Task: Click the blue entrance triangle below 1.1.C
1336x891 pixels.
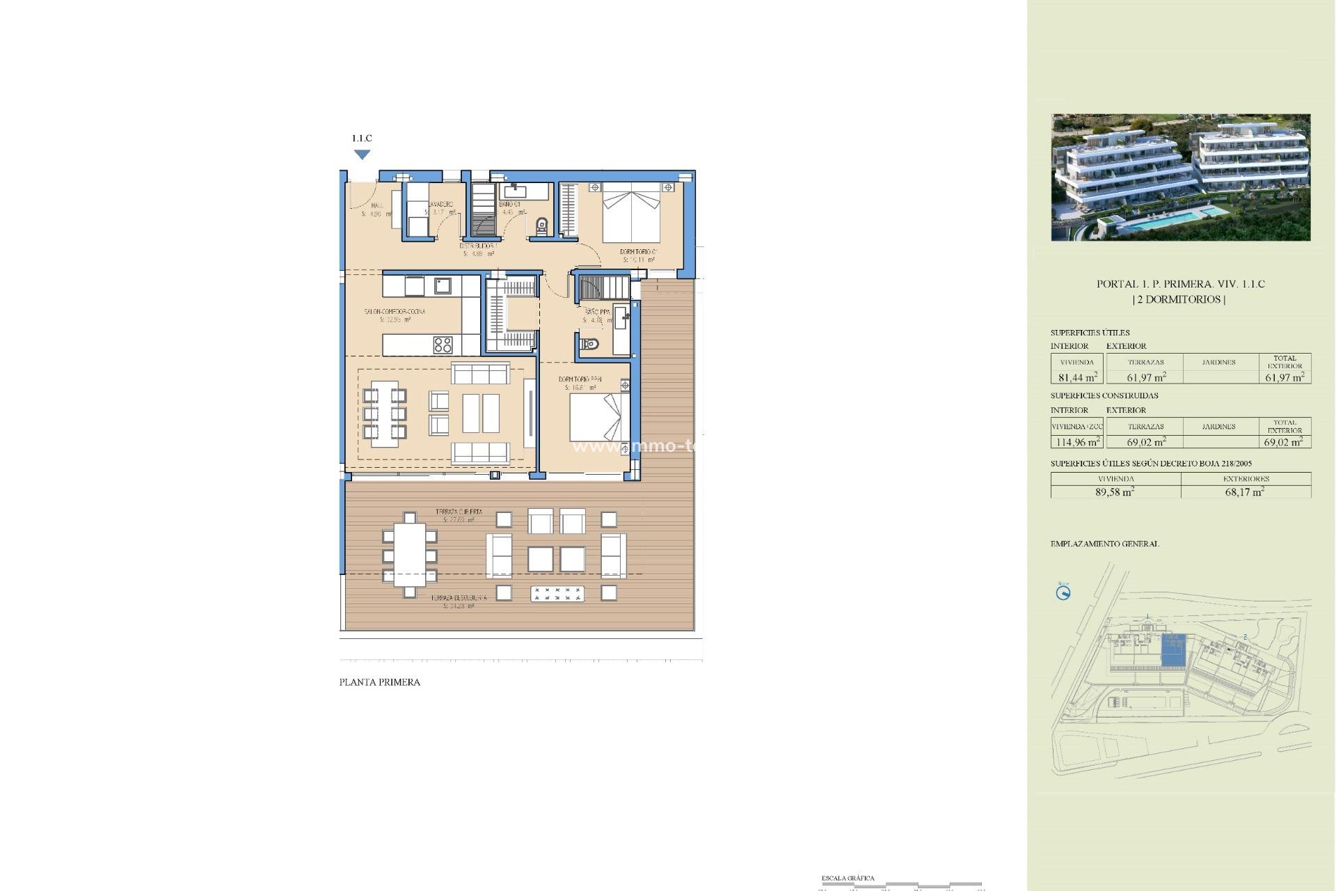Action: tap(362, 155)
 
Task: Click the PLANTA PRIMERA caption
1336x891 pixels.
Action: tap(379, 682)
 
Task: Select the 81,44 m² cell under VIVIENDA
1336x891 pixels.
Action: tap(1077, 377)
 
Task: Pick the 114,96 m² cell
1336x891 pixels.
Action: tap(1077, 442)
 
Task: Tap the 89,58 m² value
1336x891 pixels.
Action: tap(1115, 492)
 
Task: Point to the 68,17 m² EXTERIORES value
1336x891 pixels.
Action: tap(1245, 492)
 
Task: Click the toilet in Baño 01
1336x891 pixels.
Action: tap(541, 226)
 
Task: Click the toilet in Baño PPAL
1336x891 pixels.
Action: tap(589, 344)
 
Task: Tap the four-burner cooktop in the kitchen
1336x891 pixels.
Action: tap(443, 345)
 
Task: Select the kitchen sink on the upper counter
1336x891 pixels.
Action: tap(443, 285)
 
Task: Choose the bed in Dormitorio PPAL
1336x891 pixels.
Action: tap(595, 417)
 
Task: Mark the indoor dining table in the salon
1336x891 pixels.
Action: tap(384, 413)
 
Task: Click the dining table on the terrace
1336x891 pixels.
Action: tap(410, 555)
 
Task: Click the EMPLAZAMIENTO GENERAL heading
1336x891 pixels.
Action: tap(1104, 544)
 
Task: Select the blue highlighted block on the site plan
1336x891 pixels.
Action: tap(1175, 650)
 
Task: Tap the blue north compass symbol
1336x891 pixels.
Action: tap(1063, 593)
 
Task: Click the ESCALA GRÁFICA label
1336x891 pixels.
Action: tap(848, 878)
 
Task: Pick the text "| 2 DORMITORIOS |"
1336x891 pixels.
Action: tap(1180, 299)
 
